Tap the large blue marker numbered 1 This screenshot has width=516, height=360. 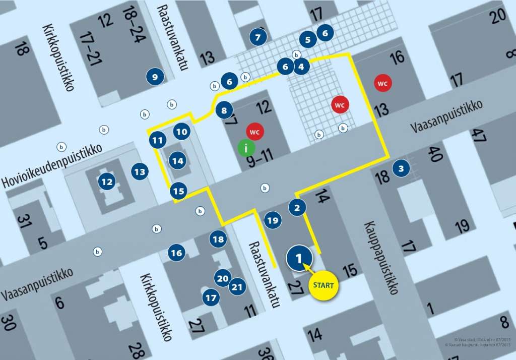tap(299, 258)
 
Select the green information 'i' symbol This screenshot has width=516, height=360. tap(246, 148)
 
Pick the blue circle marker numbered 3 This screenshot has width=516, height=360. tap(401, 168)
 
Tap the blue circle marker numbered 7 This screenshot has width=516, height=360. tap(258, 37)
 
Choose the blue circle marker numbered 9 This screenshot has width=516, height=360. tap(155, 77)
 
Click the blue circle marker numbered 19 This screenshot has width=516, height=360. tap(272, 220)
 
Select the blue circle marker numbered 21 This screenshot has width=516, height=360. tap(237, 287)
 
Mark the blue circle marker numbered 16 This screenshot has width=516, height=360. tap(176, 253)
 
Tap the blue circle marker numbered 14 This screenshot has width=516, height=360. tap(177, 161)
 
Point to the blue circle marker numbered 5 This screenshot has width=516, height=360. tap(308, 39)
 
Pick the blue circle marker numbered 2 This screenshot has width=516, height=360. tap(297, 207)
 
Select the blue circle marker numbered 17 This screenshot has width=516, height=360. tap(211, 298)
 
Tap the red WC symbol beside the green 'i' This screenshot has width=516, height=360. tap(255, 132)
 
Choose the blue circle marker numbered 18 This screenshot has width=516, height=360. tap(218, 239)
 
